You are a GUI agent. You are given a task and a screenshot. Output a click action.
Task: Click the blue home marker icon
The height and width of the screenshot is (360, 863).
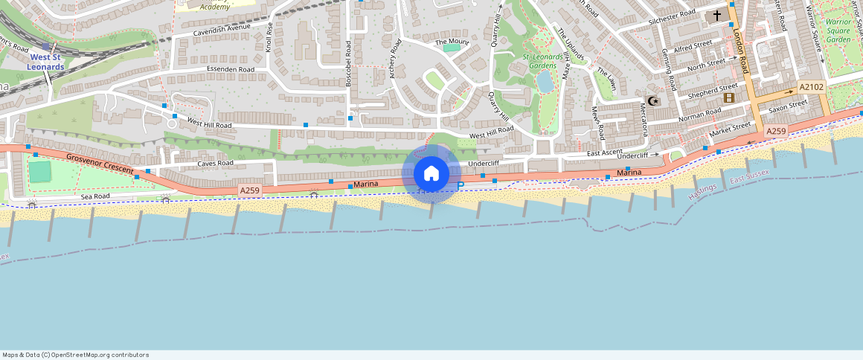431,174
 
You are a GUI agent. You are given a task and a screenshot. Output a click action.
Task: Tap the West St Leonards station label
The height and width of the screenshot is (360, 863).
46,62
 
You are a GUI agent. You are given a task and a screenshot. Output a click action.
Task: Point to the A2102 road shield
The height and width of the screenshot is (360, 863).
811,87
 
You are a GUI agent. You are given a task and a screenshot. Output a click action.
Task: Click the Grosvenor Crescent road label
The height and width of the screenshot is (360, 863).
98,164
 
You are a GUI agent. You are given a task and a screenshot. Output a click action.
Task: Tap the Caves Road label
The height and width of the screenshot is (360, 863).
215,163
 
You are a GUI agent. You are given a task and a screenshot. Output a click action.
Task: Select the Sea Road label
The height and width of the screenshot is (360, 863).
95,196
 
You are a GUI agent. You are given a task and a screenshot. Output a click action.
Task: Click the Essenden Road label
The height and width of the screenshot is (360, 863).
231,69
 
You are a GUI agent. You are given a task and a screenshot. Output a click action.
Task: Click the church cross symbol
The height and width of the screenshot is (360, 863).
718,15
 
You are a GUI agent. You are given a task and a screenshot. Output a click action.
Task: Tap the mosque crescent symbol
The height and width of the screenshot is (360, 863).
654,101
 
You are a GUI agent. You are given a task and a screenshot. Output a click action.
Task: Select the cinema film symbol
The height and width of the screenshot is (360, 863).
728,97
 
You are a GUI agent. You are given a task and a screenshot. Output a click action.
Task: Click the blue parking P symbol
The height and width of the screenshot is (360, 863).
460,186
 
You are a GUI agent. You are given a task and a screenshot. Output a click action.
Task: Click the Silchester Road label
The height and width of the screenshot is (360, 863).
671,17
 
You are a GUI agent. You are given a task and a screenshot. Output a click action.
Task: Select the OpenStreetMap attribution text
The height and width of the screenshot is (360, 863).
75,355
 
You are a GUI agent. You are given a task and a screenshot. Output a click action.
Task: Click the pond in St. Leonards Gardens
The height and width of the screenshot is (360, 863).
545,81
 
